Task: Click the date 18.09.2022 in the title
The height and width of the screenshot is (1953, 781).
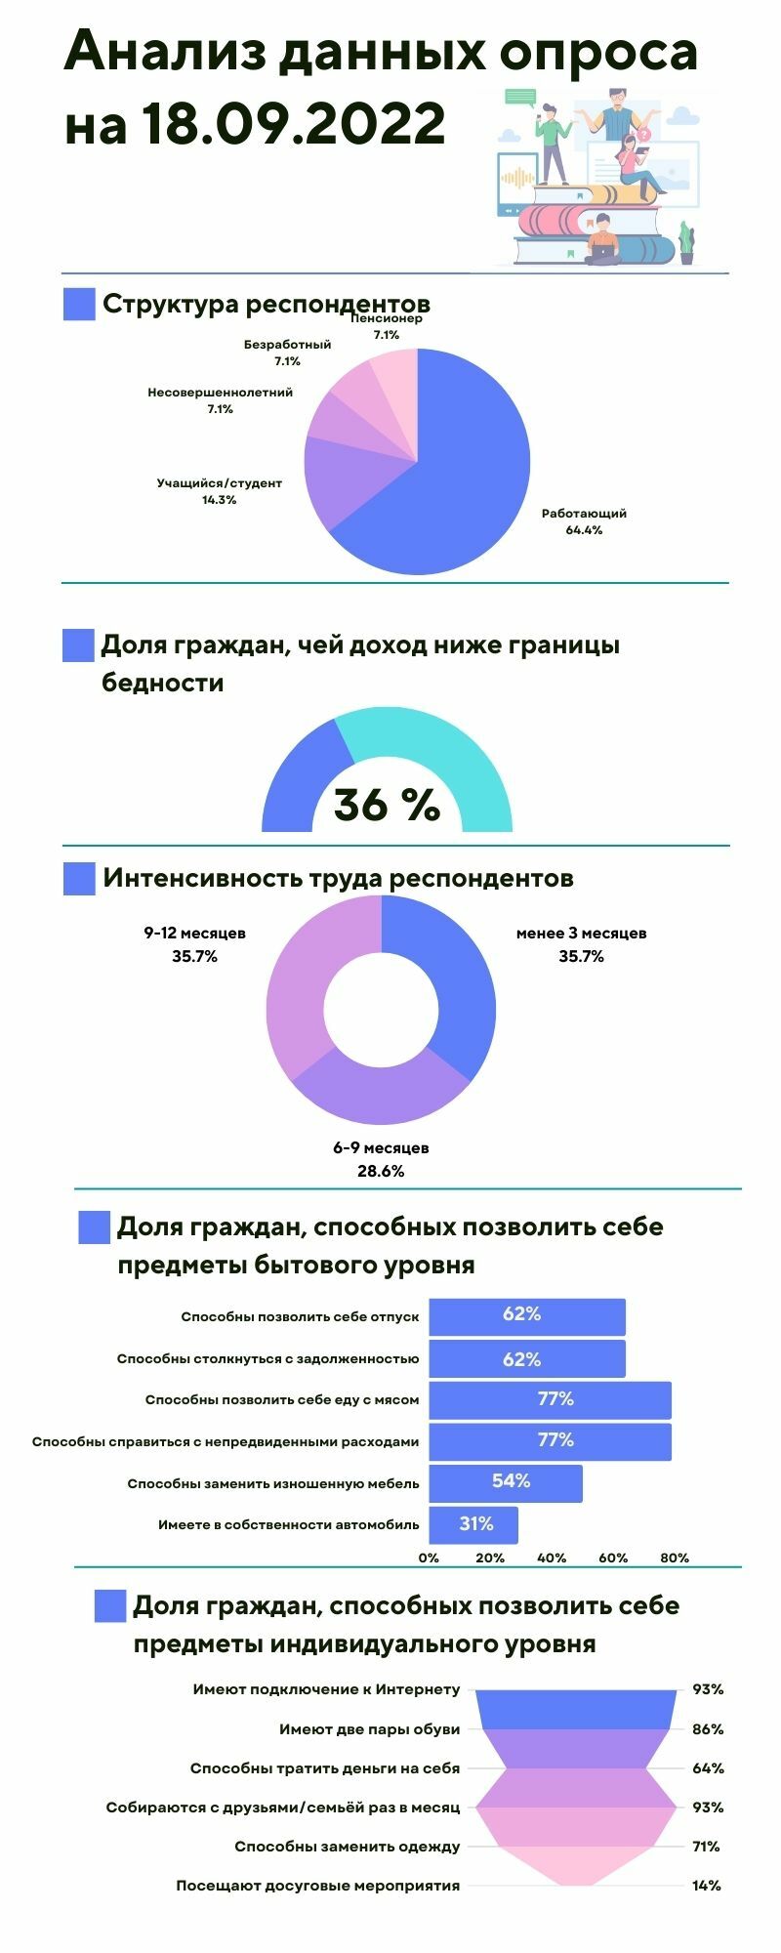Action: point(292,124)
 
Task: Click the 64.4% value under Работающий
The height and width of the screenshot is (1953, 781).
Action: point(584,530)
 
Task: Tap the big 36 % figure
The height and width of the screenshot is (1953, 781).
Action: point(387,806)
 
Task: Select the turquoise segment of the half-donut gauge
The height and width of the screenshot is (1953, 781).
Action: point(439,757)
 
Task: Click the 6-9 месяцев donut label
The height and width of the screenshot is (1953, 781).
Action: point(381,1147)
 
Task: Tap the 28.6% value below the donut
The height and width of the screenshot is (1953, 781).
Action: point(381,1171)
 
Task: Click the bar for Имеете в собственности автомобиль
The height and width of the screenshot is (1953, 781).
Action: point(473,1524)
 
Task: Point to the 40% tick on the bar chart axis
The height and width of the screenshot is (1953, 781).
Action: point(552,1558)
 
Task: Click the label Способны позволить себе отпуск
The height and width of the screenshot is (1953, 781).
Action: point(300,1316)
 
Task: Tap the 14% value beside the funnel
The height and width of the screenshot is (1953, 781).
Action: point(707,1886)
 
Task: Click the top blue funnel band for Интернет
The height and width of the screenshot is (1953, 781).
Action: point(576,1709)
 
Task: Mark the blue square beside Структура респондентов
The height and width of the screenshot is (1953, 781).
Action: point(79,304)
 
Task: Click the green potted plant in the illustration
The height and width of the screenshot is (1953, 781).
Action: point(687,241)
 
